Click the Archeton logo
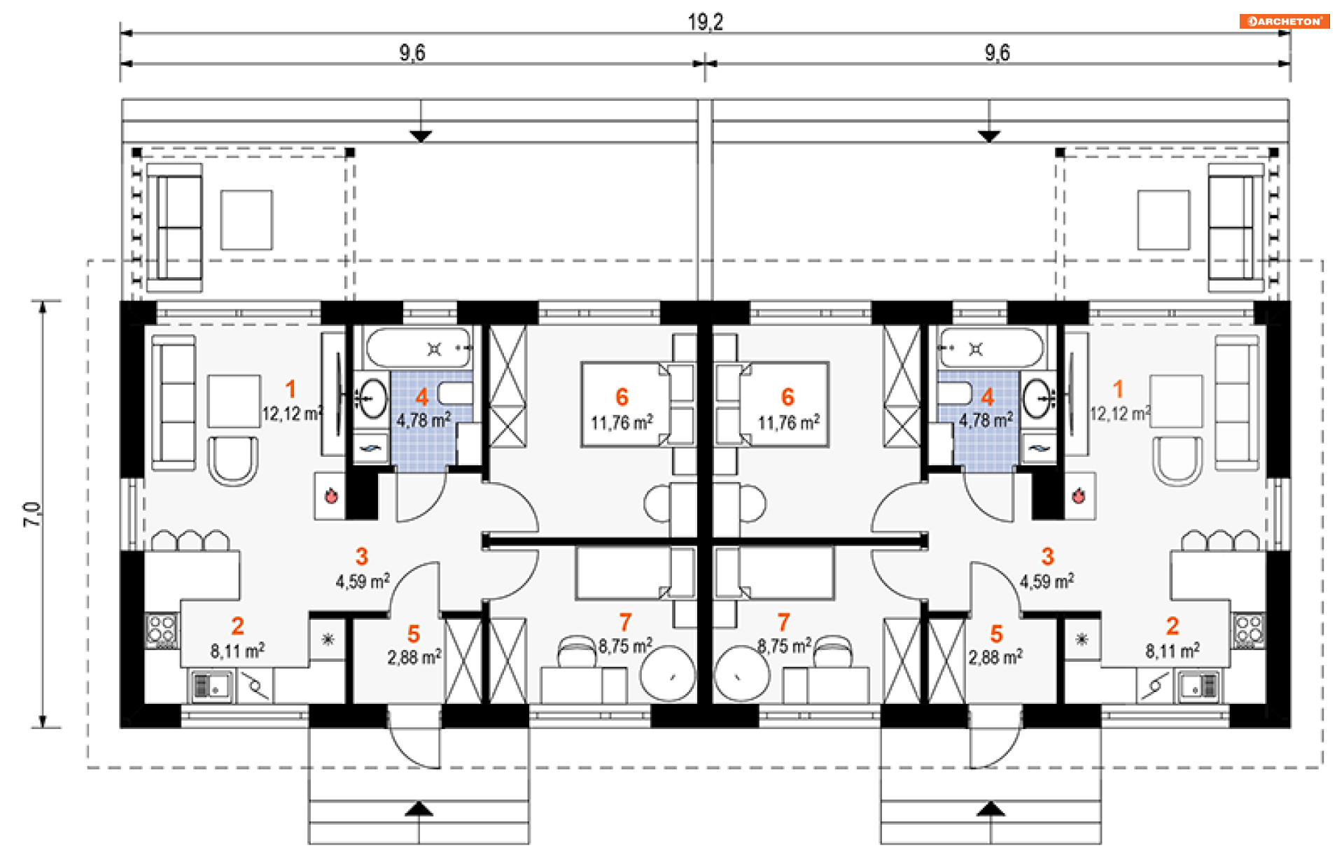pyautogui.click(x=1284, y=21)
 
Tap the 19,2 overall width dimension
pyautogui.click(x=705, y=22)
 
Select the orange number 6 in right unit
pyautogui.click(x=787, y=397)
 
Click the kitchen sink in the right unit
pyautogui.click(x=1198, y=686)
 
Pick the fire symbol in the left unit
pyautogui.click(x=331, y=496)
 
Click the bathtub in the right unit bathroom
pyautogui.click(x=990, y=348)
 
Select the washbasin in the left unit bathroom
pyautogui.click(x=372, y=398)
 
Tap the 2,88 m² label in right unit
pyautogui.click(x=995, y=657)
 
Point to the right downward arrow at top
pyautogui.click(x=988, y=136)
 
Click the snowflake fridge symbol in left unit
pyautogui.click(x=328, y=639)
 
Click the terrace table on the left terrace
pyautogui.click(x=246, y=220)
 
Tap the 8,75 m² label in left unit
pyautogui.click(x=625, y=645)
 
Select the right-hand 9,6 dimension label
pyautogui.click(x=997, y=52)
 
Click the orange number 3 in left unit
pyautogui.click(x=361, y=556)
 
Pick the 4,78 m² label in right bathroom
pyautogui.click(x=986, y=421)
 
